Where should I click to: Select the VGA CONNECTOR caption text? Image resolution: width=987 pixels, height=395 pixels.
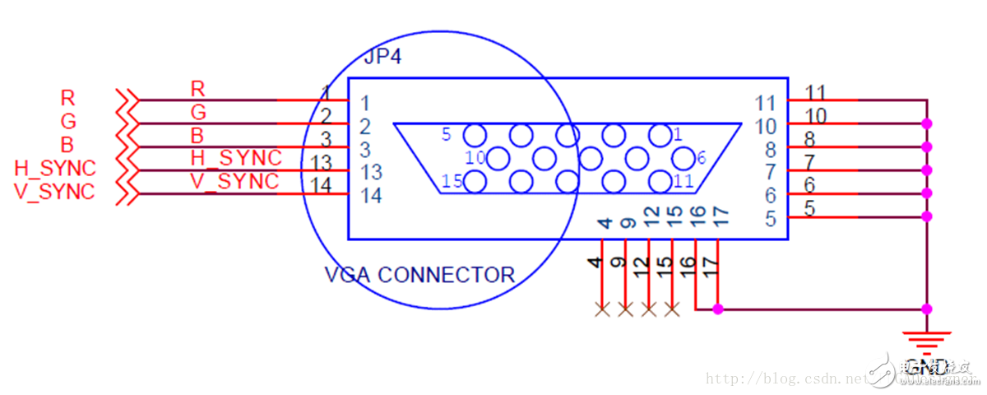pyautogui.click(x=419, y=274)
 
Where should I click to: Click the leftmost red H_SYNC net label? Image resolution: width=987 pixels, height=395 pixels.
pyautogui.click(x=55, y=169)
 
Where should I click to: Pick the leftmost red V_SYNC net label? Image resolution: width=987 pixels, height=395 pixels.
pyautogui.click(x=55, y=192)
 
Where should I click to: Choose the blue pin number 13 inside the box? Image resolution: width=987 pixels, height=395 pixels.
pyautogui.click(x=372, y=172)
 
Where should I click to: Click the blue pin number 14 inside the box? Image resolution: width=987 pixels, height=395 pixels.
pyautogui.click(x=372, y=196)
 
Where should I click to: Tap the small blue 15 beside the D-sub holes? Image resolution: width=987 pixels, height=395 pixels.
pyautogui.click(x=451, y=181)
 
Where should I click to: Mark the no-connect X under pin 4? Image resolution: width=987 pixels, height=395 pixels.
pyautogui.click(x=602, y=309)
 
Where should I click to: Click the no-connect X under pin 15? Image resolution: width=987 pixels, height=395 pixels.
pyautogui.click(x=672, y=309)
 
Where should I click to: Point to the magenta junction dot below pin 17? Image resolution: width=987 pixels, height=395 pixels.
pyautogui.click(x=718, y=309)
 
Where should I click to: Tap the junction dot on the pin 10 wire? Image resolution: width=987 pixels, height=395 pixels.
pyautogui.click(x=927, y=123)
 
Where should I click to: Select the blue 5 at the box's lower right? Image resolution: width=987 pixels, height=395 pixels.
pyautogui.click(x=770, y=219)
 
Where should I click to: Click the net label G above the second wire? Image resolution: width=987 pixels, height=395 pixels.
pyautogui.click(x=198, y=111)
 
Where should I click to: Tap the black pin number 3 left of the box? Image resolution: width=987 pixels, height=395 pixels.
pyautogui.click(x=326, y=139)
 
